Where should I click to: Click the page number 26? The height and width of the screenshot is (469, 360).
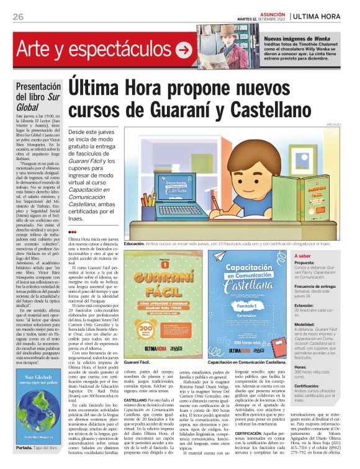tap(17, 17)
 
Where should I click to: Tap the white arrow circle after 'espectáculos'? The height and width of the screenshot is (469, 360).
tap(184, 49)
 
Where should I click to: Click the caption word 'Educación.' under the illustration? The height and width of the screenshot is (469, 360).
tap(134, 244)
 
